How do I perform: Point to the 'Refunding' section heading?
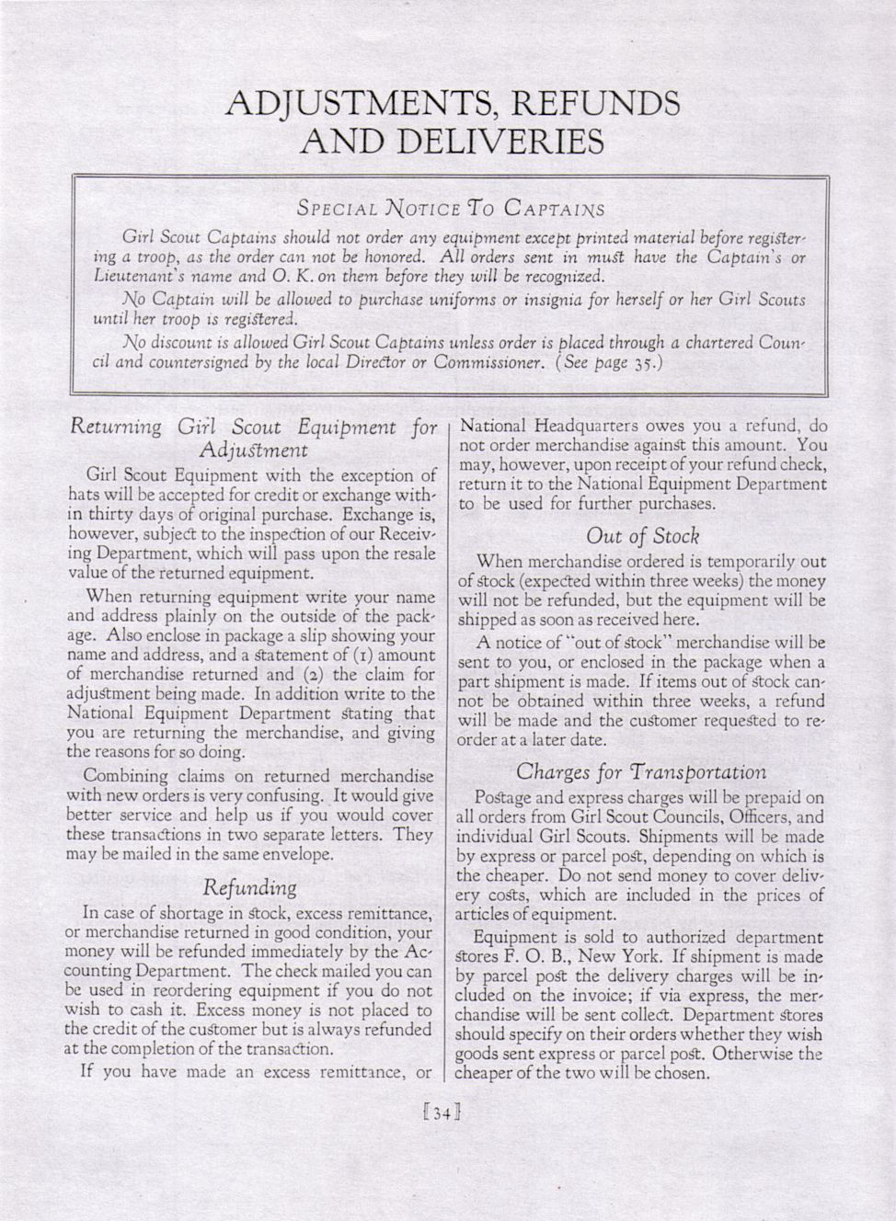click(x=251, y=887)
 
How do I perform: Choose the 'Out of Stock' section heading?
click(x=642, y=535)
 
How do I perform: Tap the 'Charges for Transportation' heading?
click(x=641, y=771)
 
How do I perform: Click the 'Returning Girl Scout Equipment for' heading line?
click(x=254, y=428)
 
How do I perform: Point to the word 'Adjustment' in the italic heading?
click(x=253, y=450)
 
